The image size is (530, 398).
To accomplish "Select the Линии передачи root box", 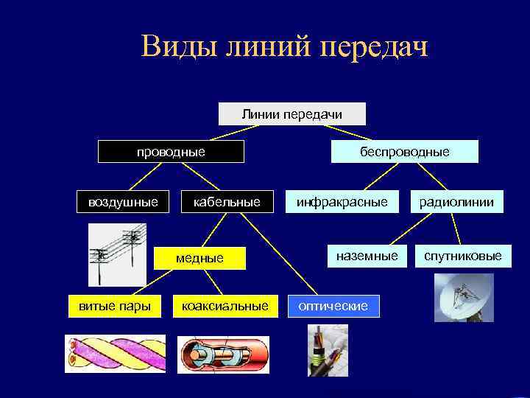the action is coord(292,114).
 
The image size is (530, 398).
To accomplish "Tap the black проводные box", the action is coord(172,152).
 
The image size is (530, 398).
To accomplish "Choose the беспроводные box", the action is coord(404,152).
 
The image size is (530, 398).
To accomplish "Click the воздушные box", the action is coord(123,201).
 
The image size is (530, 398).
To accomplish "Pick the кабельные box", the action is coord(227,201).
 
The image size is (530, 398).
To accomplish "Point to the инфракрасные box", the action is coord(342,201).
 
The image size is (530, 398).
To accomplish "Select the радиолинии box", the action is coord(456,201).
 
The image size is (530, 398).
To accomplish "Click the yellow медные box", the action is coord(199,257).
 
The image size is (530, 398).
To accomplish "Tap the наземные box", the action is coord(367,256).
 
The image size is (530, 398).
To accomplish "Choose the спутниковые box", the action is coord(462,256).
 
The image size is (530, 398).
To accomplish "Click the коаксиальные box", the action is coord(225,305).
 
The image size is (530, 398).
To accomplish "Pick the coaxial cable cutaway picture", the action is coord(223,355).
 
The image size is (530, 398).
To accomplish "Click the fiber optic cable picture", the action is coord(328,350).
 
